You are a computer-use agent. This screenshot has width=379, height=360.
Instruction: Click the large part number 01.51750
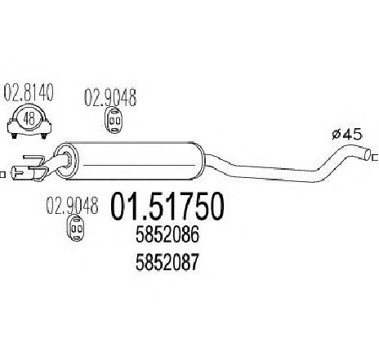click(x=167, y=206)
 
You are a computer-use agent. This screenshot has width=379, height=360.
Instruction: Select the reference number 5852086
click(x=167, y=235)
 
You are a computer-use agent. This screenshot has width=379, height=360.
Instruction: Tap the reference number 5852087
click(x=167, y=262)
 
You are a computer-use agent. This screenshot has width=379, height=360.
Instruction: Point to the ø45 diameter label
click(x=347, y=135)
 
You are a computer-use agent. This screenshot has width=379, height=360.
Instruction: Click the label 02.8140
click(x=29, y=92)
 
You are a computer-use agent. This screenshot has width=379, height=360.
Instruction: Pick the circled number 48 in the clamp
click(x=29, y=118)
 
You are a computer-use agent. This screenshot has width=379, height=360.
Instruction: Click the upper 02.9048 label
click(x=110, y=97)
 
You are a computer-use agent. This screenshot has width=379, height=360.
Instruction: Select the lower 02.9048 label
click(x=72, y=206)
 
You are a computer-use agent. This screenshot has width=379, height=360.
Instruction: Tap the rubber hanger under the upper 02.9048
click(x=114, y=120)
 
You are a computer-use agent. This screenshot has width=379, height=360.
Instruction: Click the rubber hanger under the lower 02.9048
click(x=76, y=229)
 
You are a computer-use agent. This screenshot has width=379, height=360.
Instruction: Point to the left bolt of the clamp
click(x=14, y=136)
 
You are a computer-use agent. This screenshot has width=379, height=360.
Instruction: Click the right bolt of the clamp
click(x=43, y=136)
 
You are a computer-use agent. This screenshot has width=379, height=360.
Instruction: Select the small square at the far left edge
click(x=2, y=175)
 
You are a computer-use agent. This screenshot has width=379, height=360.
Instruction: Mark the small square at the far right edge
click(x=376, y=158)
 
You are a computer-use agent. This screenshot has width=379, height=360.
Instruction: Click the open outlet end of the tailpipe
click(x=368, y=154)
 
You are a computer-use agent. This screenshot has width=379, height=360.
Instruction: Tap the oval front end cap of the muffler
click(x=65, y=161)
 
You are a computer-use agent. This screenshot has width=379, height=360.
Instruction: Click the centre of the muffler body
click(x=131, y=161)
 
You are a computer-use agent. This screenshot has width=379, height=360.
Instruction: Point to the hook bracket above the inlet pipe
click(x=33, y=159)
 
